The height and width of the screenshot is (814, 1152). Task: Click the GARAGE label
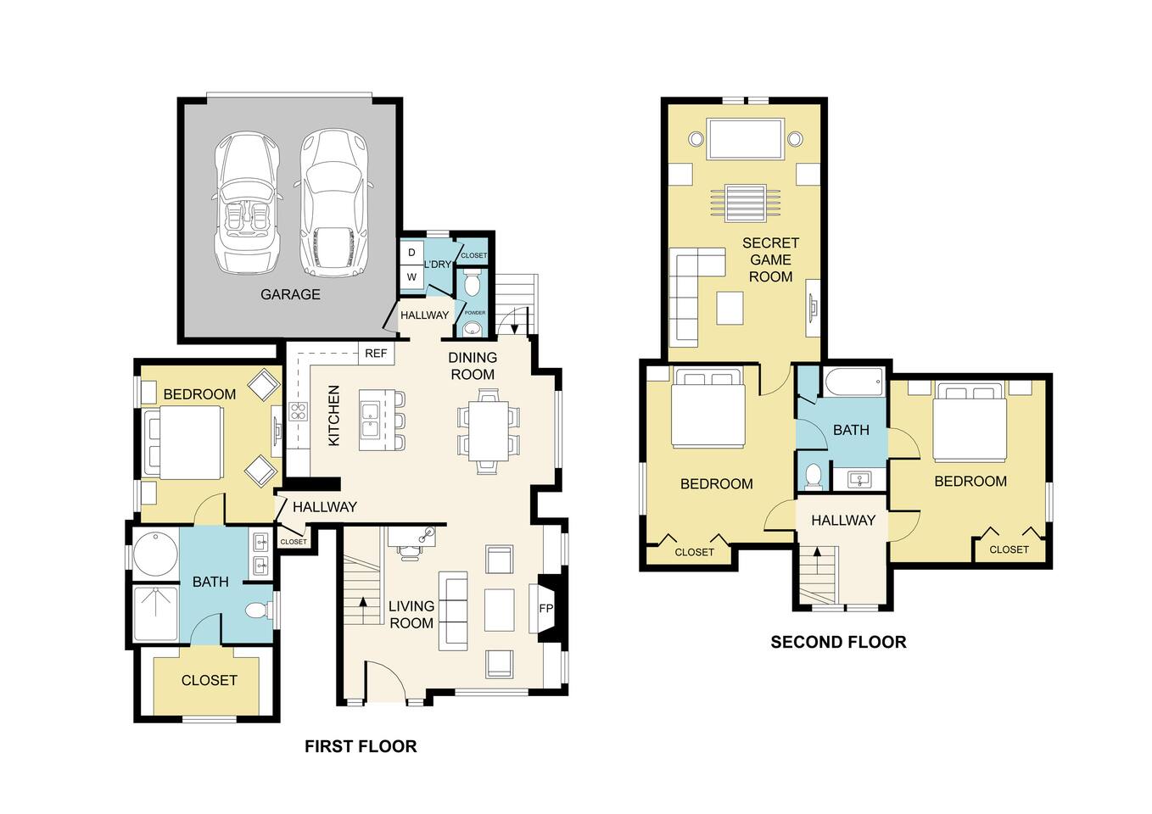(290, 294)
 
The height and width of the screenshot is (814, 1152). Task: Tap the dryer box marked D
(411, 253)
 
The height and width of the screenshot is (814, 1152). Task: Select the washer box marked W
(411, 277)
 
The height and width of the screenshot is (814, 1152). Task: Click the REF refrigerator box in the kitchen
(376, 354)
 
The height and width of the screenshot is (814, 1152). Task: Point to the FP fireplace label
(546, 609)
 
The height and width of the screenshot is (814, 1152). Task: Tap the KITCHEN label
(334, 415)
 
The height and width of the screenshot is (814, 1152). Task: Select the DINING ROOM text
(473, 366)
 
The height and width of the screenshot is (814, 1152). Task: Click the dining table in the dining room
(488, 431)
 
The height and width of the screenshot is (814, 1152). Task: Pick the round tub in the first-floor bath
(156, 553)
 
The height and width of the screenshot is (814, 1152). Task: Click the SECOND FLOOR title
(838, 642)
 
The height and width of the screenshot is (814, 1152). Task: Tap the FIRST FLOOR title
(361, 746)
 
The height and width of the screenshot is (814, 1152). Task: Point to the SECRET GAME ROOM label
(770, 259)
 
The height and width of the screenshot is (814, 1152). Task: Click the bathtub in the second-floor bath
(853, 382)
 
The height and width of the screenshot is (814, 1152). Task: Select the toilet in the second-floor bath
(813, 476)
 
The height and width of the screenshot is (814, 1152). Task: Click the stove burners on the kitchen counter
(299, 411)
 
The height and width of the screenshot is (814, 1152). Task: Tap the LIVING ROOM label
(411, 615)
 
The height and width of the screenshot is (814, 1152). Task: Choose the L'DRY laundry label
(437, 265)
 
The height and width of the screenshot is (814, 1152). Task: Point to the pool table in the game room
(745, 139)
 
